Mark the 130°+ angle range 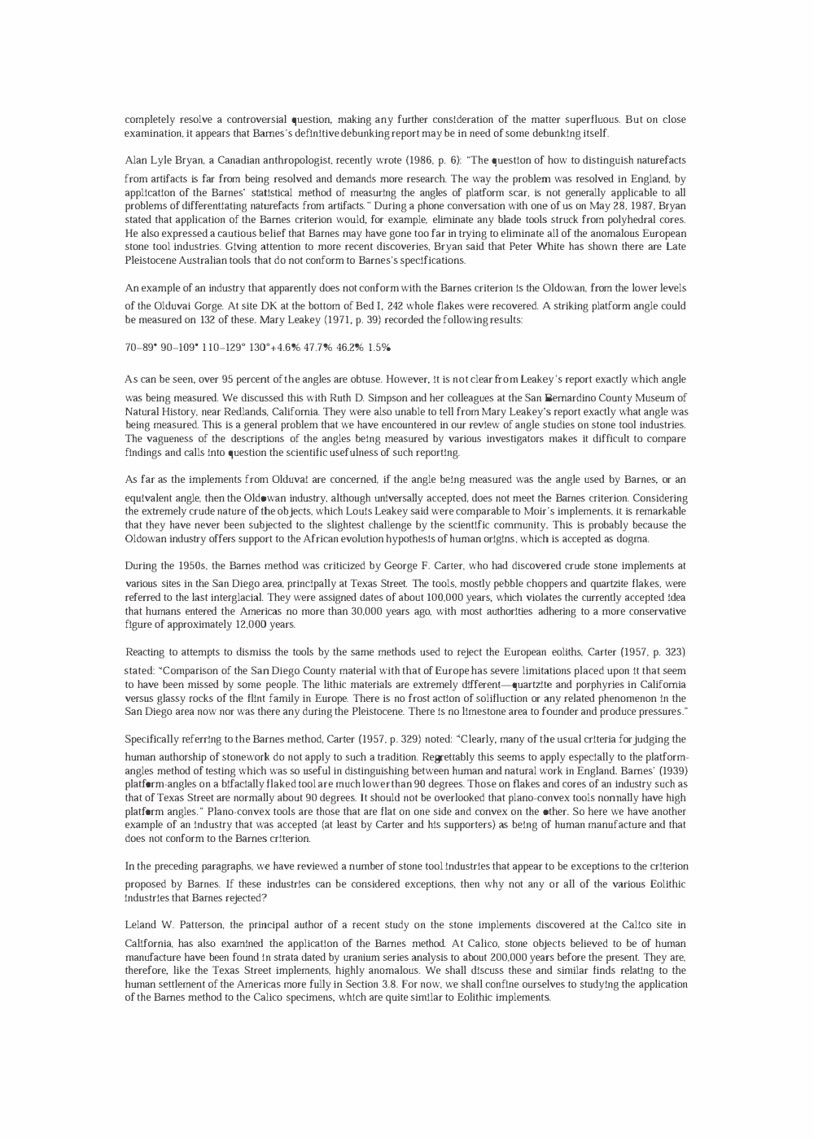tap(232, 348)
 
